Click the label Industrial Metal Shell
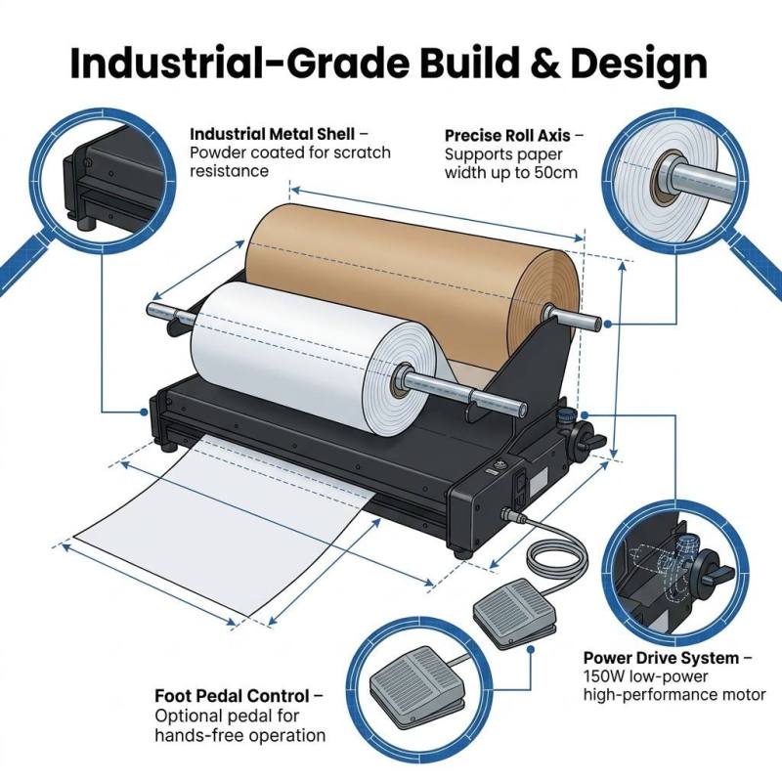273,134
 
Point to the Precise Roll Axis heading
507,135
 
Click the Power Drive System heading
662,658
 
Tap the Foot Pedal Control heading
232,696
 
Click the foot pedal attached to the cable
515,615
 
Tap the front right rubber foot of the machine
462,553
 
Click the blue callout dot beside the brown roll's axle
607,325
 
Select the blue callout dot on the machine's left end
144,412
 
